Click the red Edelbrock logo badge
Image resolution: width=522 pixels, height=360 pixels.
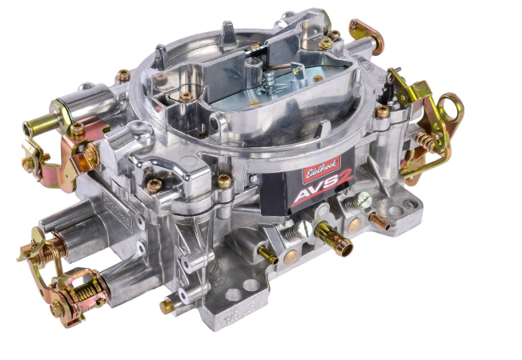coord(321,170)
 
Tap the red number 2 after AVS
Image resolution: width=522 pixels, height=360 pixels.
coord(343,182)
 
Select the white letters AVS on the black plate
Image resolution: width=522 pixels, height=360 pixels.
coord(313,193)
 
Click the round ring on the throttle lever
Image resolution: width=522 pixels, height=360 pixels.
coord(451,107)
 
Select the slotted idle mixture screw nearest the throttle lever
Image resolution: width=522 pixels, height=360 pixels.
coord(358,202)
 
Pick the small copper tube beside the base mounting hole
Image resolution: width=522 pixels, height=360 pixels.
coord(380,222)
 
